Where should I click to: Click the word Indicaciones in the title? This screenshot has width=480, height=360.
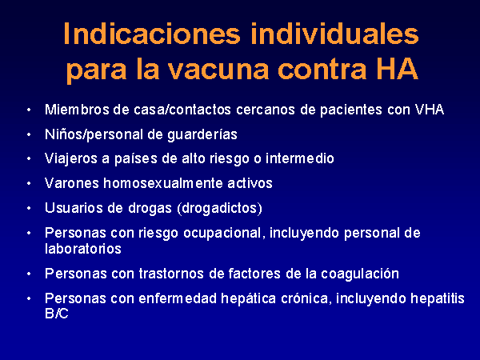pyautogui.click(x=152, y=34)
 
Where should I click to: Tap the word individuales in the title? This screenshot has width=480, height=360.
pyautogui.click(x=334, y=34)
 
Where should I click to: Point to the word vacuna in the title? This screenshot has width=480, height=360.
pyautogui.click(x=219, y=70)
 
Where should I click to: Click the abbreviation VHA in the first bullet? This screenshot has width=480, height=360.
pyautogui.click(x=429, y=110)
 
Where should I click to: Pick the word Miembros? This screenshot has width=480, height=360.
pyautogui.click(x=77, y=110)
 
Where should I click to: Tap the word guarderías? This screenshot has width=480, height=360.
pyautogui.click(x=202, y=135)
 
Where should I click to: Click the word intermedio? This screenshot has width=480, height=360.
pyautogui.click(x=300, y=158)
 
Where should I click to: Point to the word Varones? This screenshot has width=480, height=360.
pyautogui.click(x=72, y=183)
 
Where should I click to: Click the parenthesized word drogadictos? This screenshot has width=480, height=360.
pyautogui.click(x=219, y=209)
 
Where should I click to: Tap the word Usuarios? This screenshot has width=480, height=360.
pyautogui.click(x=74, y=208)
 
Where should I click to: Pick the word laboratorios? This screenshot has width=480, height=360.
pyautogui.click(x=83, y=249)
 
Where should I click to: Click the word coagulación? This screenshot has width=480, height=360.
pyautogui.click(x=360, y=274)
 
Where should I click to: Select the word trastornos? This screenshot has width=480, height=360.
pyautogui.click(x=171, y=274)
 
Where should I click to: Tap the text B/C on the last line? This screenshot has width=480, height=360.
pyautogui.click(x=56, y=314)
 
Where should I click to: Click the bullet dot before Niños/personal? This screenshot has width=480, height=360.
pyautogui.click(x=29, y=134)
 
